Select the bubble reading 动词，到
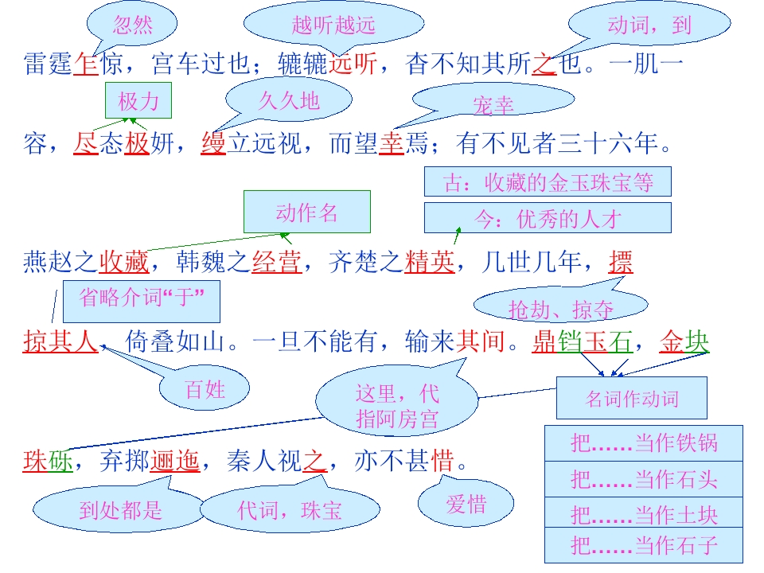[x=649, y=24]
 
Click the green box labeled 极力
[x=138, y=100]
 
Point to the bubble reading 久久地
[x=289, y=100]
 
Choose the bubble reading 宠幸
[x=493, y=100]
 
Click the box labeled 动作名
[x=307, y=212]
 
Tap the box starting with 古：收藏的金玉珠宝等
[x=548, y=181]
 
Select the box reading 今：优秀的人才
[x=548, y=218]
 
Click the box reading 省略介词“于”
[x=142, y=301]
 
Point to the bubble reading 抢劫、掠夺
[x=560, y=306]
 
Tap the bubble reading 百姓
[x=205, y=389]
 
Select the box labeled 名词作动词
[x=631, y=398]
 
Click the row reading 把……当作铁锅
[x=644, y=443]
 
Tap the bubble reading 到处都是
[x=120, y=509]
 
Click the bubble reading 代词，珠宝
[x=290, y=509]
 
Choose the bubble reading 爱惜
[x=466, y=503]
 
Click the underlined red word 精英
[x=429, y=262]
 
